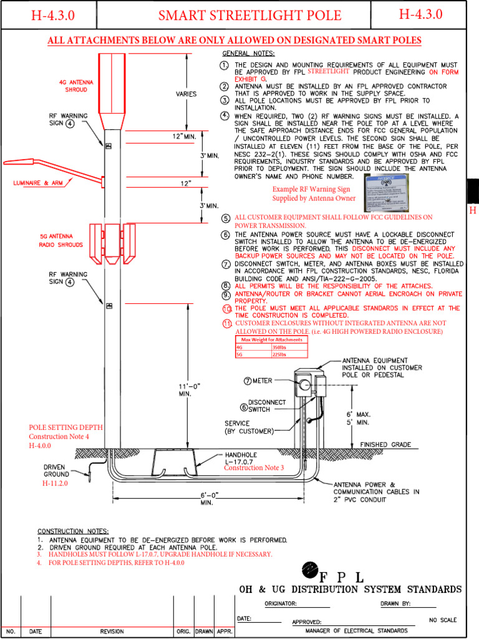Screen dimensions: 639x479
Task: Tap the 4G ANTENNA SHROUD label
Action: (x=73, y=85)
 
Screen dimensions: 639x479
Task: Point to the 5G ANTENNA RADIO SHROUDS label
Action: (x=60, y=241)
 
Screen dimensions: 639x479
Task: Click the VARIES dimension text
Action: (x=186, y=94)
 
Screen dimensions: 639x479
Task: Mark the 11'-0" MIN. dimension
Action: (x=189, y=390)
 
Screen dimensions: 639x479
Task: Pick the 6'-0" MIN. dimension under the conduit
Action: (x=210, y=497)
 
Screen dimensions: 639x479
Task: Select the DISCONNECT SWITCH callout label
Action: (x=266, y=406)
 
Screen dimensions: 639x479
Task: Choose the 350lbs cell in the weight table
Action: (x=280, y=347)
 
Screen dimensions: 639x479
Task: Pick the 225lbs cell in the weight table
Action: (x=280, y=354)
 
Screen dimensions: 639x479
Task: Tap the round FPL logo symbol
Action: (x=310, y=568)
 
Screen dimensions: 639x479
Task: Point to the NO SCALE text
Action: (x=443, y=620)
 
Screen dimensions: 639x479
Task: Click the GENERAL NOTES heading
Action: (x=248, y=54)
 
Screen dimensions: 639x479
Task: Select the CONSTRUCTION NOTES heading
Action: (x=73, y=530)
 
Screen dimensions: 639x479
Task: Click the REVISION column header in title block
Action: (x=112, y=632)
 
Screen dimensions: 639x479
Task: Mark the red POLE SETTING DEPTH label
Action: (x=65, y=427)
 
